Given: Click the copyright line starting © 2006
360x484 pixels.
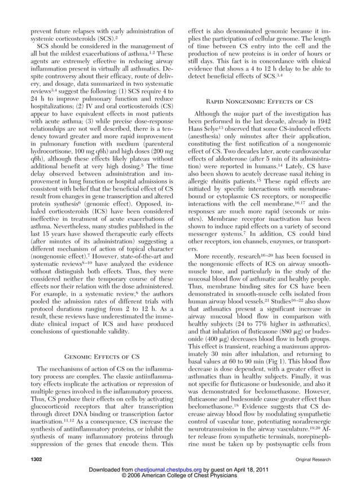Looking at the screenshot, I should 179,477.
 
